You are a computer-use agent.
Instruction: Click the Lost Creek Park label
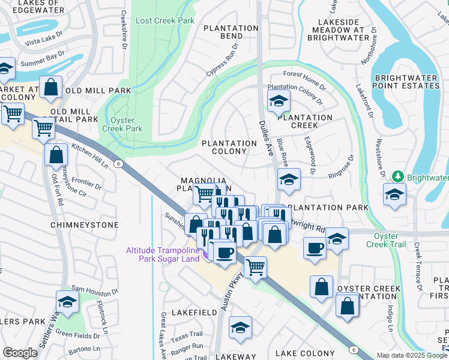pos(165,20)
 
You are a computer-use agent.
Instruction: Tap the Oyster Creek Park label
pos(127,124)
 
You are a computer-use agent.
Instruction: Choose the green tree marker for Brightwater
pos(397,177)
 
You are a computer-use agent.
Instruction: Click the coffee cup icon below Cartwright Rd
pos(315,248)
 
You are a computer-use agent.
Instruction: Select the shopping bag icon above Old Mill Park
pos(51,88)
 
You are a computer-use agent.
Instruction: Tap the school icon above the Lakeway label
pos(240,328)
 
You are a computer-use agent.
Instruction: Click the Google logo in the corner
pos(20,353)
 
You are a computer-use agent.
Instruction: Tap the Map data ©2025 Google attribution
pos(412,355)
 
